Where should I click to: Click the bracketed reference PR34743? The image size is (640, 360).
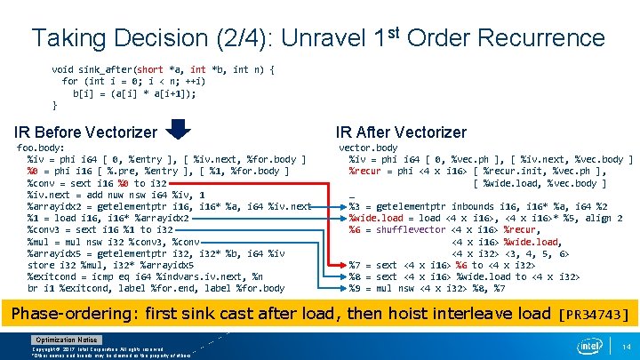coord(596,314)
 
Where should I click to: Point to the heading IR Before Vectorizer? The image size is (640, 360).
coord(84,132)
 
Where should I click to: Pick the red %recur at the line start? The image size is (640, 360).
coord(366,172)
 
